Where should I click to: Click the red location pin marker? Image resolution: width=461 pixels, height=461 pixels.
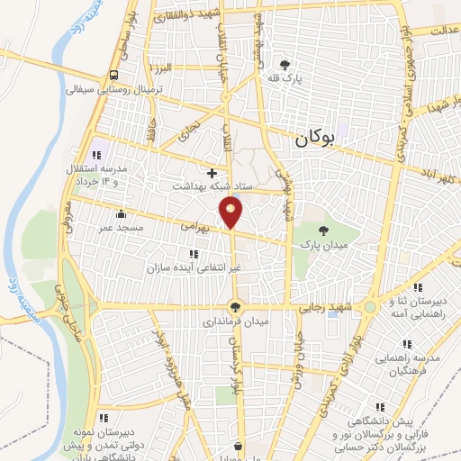coord(232,212)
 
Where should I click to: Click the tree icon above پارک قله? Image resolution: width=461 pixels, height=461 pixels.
coord(285,65)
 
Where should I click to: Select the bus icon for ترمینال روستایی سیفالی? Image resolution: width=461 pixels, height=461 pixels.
coord(114,76)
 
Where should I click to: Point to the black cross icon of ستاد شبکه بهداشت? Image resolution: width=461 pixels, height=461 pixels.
coord(212,172)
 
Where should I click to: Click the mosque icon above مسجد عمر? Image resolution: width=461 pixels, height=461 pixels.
coord(122,214)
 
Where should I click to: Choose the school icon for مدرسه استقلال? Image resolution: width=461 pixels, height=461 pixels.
coord(97,155)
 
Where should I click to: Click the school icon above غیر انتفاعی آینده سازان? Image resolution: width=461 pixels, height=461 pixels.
coord(194,255)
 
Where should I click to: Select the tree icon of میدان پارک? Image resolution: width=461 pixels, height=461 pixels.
coord(322,231)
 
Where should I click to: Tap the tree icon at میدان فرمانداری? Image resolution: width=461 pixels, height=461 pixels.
coord(236,306)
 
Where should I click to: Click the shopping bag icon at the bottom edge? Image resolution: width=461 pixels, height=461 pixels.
coord(238,446)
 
